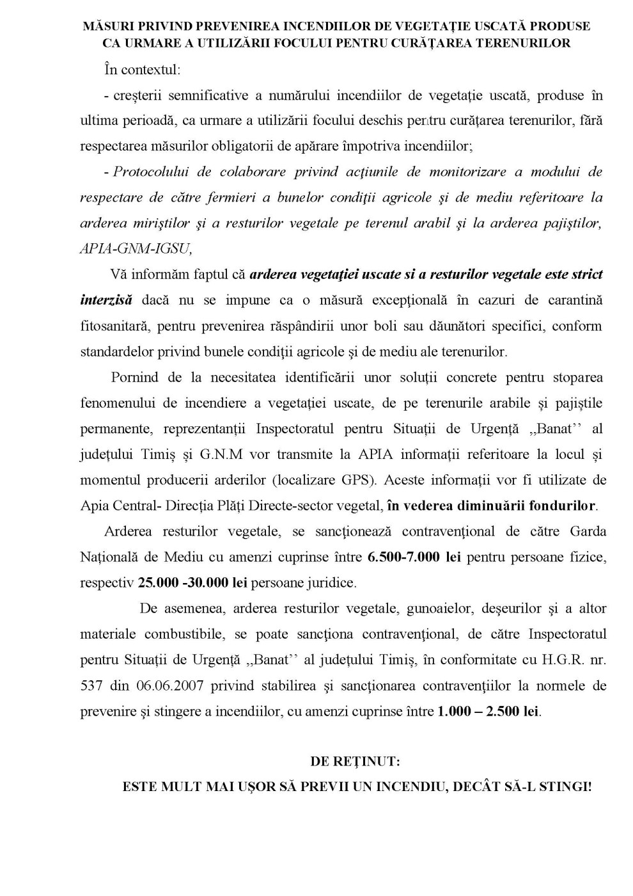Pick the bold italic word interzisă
106,300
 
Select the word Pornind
134,377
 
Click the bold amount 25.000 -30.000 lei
192,583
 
